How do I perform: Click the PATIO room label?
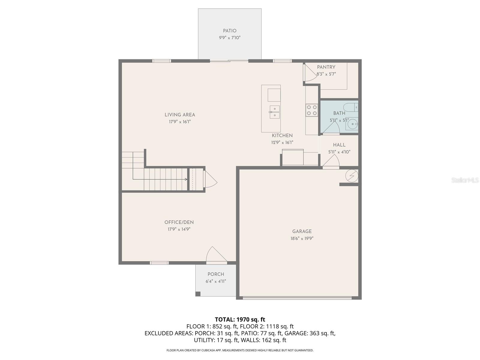pyautogui.click(x=229, y=31)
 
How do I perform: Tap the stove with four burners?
pyautogui.click(x=312, y=110)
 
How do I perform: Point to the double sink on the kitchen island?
pyautogui.click(x=274, y=112)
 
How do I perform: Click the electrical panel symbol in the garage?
pyautogui.click(x=352, y=176)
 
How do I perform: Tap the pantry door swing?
pyautogui.click(x=310, y=73)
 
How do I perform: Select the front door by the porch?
pyautogui.click(x=215, y=256)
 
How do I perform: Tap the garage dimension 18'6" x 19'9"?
pyautogui.click(x=302, y=238)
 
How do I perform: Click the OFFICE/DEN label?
pyautogui.click(x=179, y=222)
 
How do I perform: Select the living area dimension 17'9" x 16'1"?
pyautogui.click(x=180, y=121)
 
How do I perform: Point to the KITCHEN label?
pyautogui.click(x=282, y=136)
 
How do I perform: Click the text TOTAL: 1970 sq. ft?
pyautogui.click(x=240, y=319)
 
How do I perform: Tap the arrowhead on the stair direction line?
pyautogui.click(x=186, y=179)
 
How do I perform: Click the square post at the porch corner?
pyautogui.click(x=198, y=294)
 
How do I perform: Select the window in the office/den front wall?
pyautogui.click(x=159, y=263)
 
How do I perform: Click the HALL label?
pyautogui.click(x=339, y=145)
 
